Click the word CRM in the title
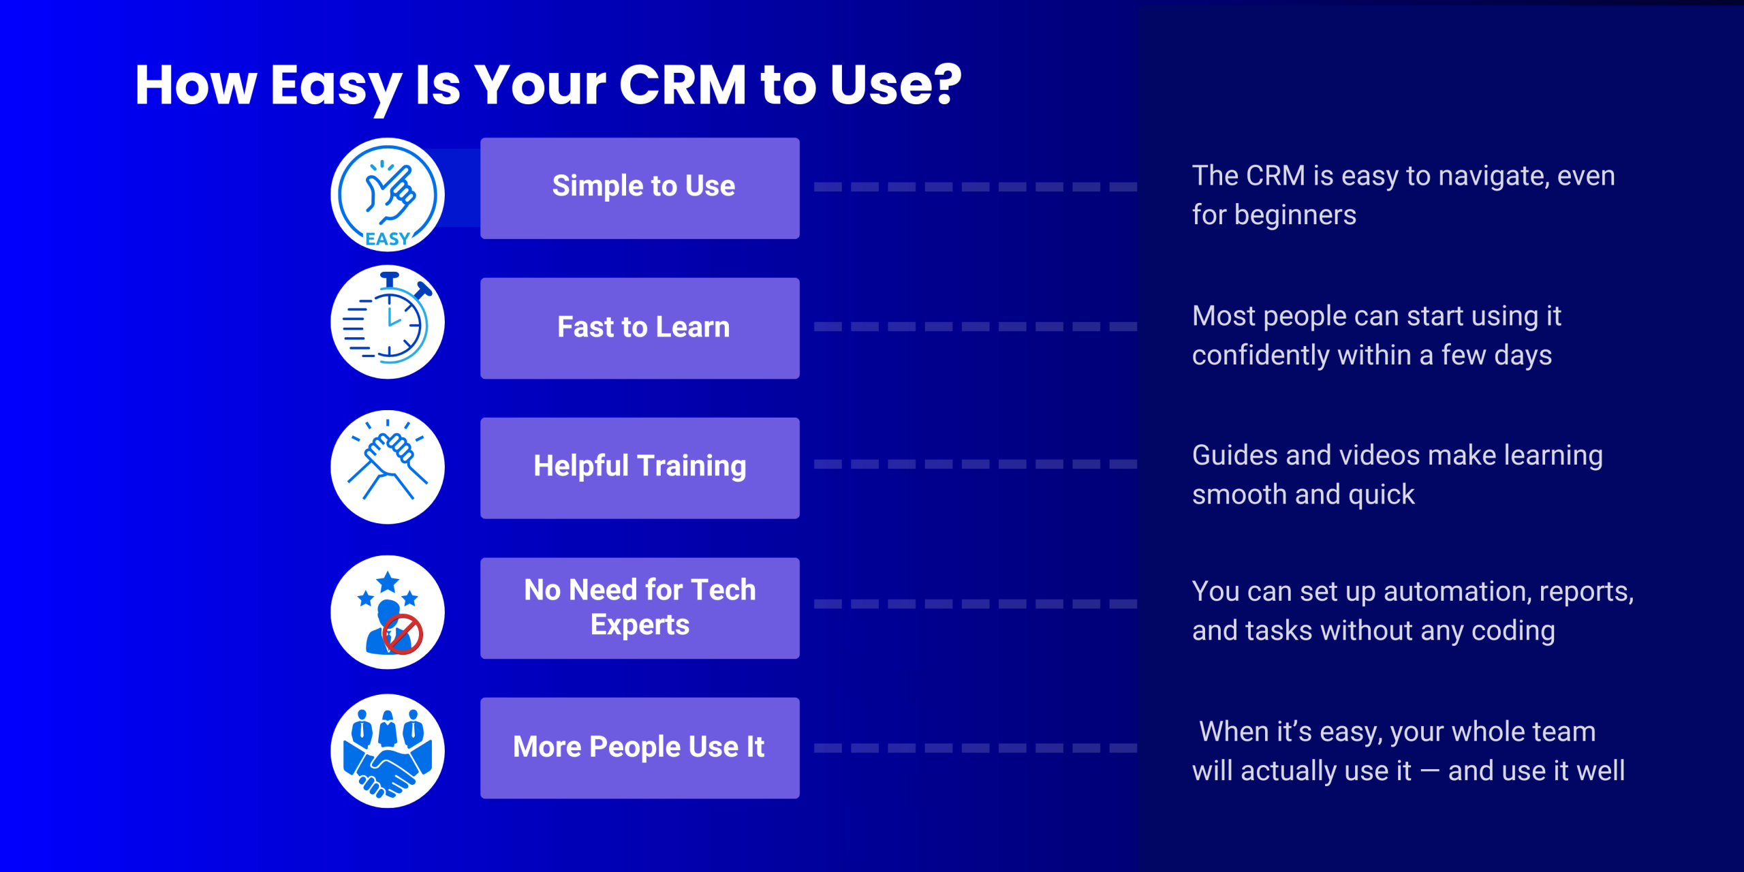683,85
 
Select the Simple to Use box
640,188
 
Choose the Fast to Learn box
640,328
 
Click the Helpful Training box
640,468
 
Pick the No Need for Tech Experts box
640,608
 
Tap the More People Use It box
640,747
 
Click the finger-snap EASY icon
388,195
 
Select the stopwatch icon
388,322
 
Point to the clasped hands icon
388,467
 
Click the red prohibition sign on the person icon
403,634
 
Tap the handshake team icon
388,751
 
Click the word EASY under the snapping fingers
388,239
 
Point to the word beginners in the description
1295,216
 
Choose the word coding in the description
1513,632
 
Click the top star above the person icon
388,582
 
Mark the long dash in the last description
1429,771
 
